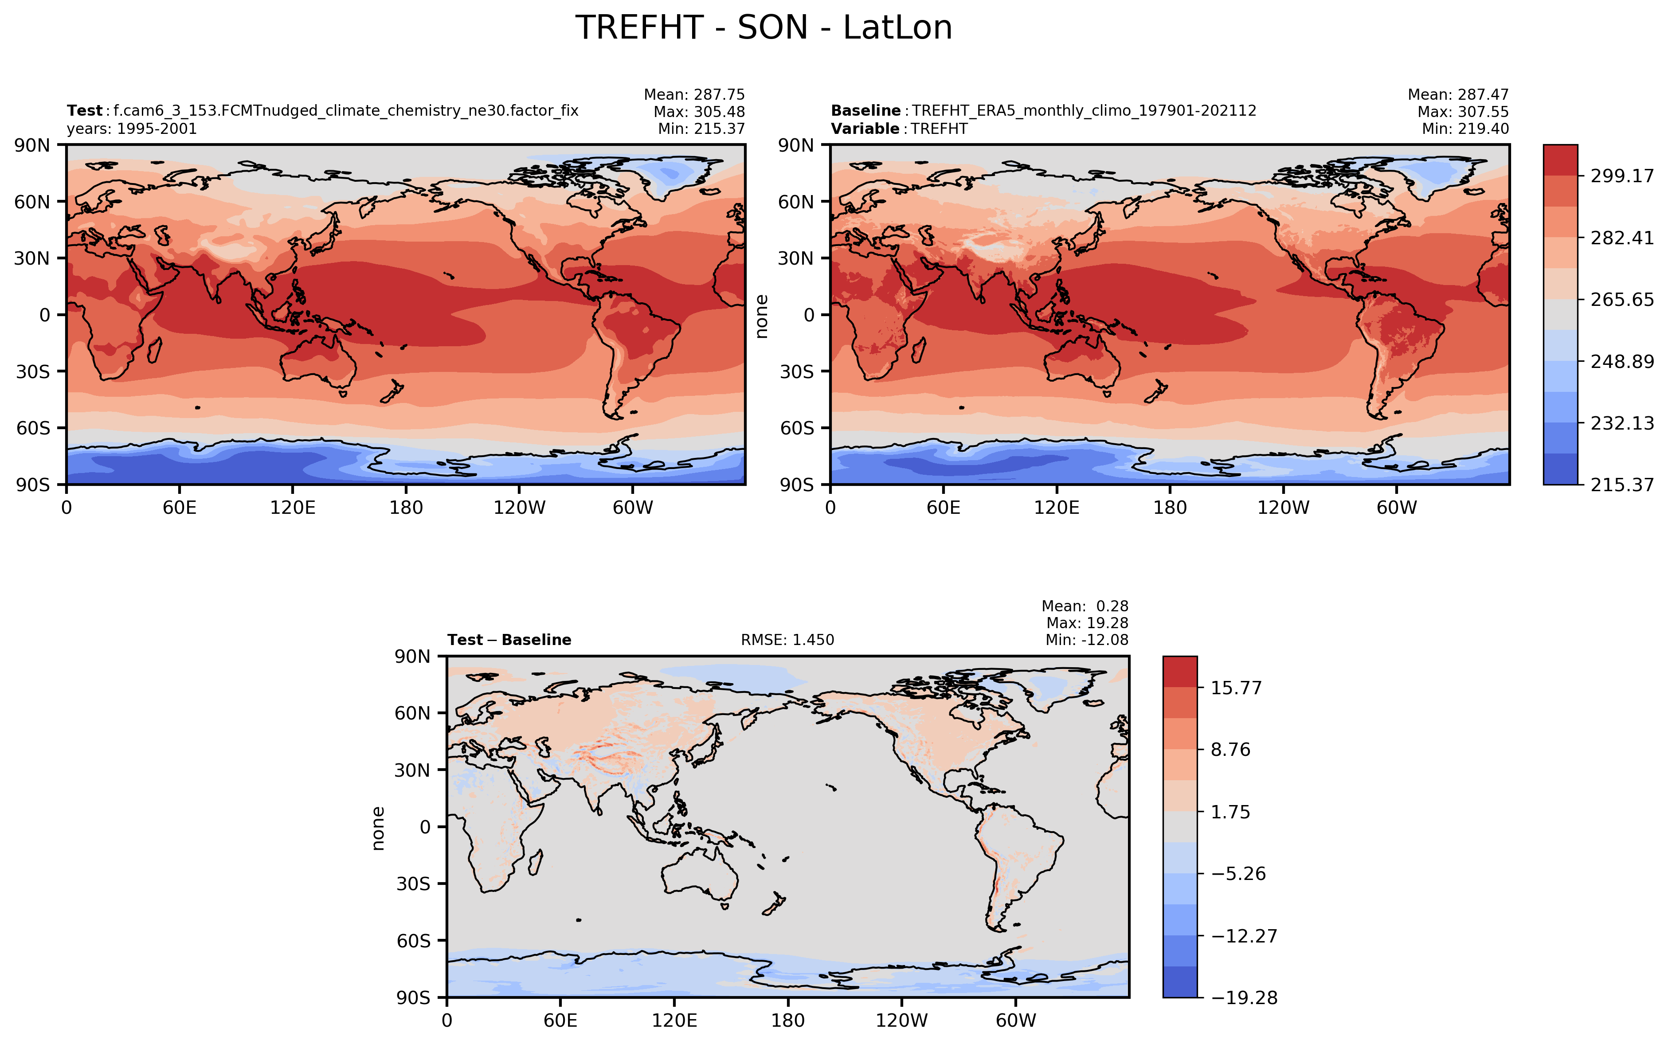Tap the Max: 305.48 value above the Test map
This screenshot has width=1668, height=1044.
[x=699, y=112]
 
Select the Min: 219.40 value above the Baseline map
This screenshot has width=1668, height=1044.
[x=1465, y=129]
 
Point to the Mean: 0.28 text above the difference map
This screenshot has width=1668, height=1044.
[x=1085, y=606]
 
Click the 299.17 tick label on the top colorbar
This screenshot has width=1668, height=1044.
[x=1622, y=176]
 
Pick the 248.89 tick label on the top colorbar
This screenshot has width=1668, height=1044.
[x=1622, y=361]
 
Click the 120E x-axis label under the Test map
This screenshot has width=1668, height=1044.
[x=293, y=508]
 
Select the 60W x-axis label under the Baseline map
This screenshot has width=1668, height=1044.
[x=1396, y=508]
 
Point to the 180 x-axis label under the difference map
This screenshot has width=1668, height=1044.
[x=788, y=1021]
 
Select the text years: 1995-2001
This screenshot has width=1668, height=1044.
[x=132, y=129]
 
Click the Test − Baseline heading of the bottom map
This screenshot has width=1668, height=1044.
[x=509, y=640]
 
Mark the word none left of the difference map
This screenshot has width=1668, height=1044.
[x=378, y=828]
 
